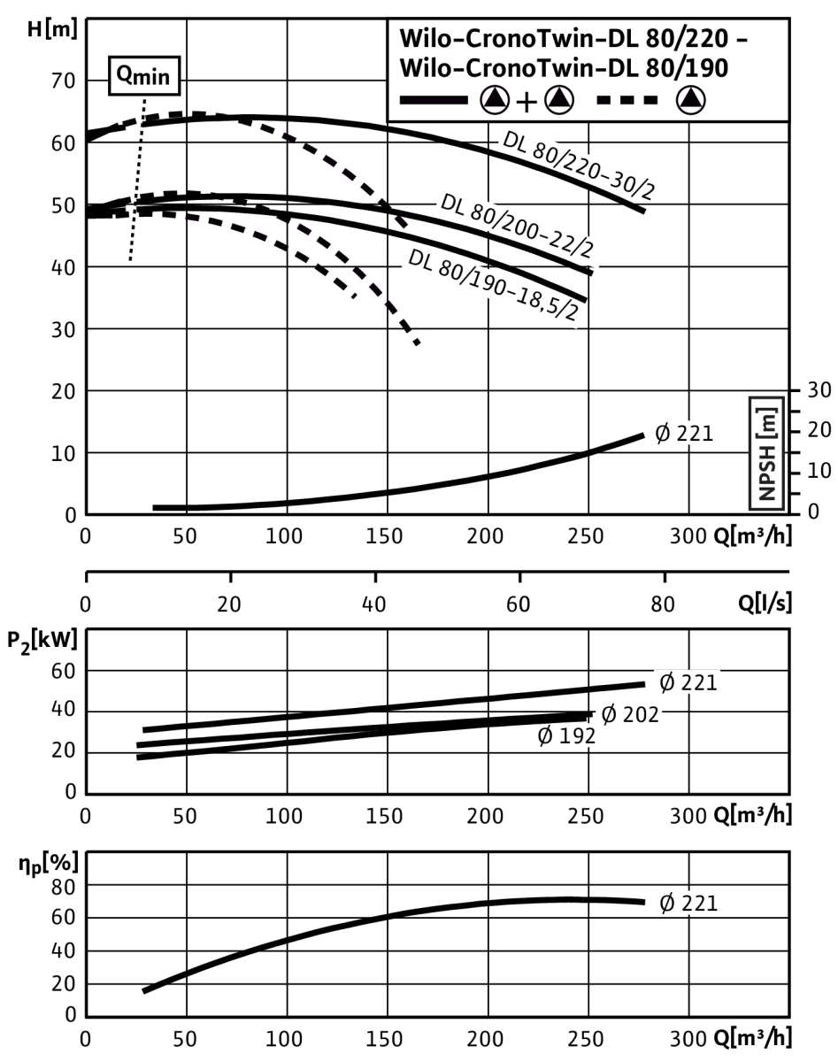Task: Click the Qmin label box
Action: click(144, 75)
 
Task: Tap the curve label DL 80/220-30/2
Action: click(579, 165)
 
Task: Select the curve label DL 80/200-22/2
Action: click(516, 226)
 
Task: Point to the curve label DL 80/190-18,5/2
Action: click(493, 285)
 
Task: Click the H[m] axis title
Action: click(52, 29)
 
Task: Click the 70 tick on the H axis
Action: click(63, 81)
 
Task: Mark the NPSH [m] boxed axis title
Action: click(766, 453)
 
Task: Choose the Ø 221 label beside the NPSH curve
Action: click(684, 434)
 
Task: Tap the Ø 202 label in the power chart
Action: click(630, 714)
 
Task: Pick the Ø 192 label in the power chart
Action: click(566, 735)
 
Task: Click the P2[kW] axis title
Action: click(42, 642)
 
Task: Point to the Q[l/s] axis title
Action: click(765, 603)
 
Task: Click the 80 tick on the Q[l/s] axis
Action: click(662, 604)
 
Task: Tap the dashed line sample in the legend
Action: click(627, 101)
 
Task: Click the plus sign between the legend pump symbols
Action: click(527, 103)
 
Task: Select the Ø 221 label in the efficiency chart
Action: click(688, 903)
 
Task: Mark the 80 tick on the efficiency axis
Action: click(63, 888)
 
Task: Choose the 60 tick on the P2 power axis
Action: click(63, 671)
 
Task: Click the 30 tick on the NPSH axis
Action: click(819, 390)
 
